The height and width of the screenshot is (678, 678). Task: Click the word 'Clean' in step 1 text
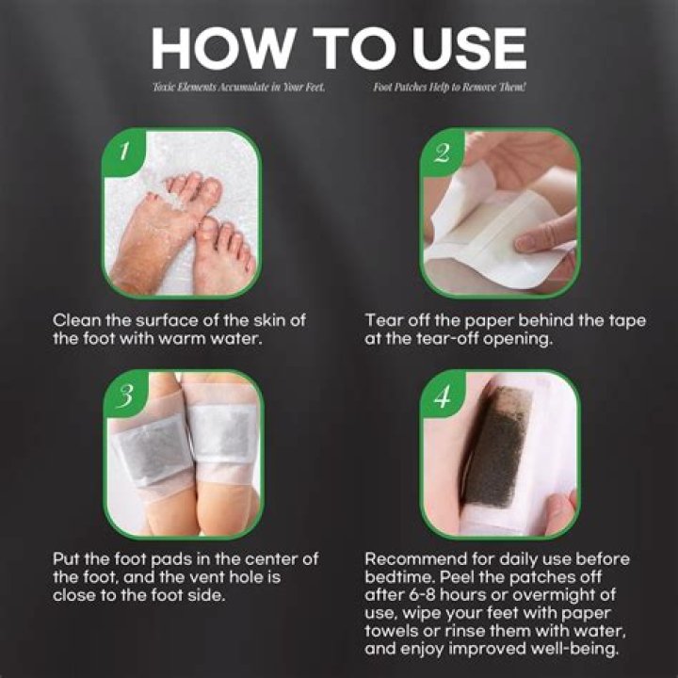75,321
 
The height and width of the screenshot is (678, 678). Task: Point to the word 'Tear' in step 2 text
383,321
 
